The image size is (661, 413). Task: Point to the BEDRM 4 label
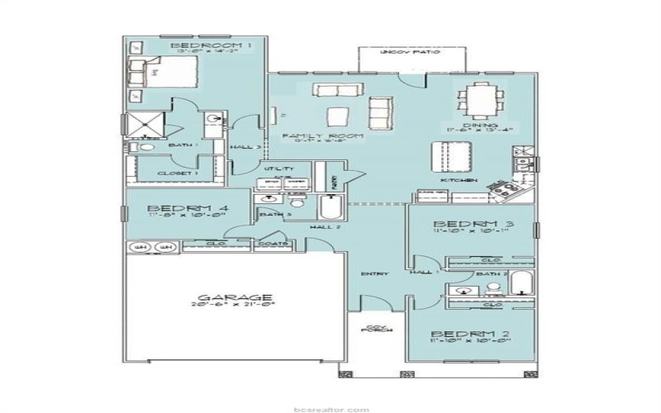click(177, 209)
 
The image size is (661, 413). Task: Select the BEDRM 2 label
click(465, 335)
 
